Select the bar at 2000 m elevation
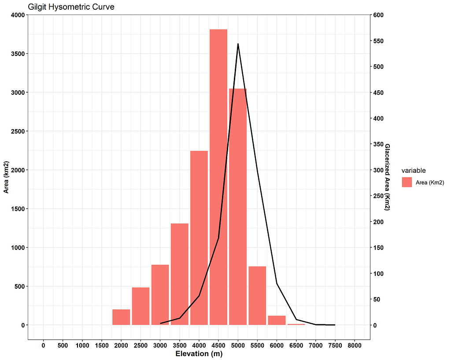pos(121,317)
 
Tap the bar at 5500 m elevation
pos(257,295)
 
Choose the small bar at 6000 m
pos(277,320)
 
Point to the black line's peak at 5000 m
pos(238,44)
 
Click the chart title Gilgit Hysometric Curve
pos(71,7)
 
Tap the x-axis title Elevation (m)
pos(199,354)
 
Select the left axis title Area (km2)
pos(6,170)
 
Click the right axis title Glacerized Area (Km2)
pos(388,177)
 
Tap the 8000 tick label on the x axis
pos(355,345)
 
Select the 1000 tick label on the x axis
pos(82,345)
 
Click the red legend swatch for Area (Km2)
pos(407,182)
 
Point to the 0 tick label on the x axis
pos(43,345)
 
